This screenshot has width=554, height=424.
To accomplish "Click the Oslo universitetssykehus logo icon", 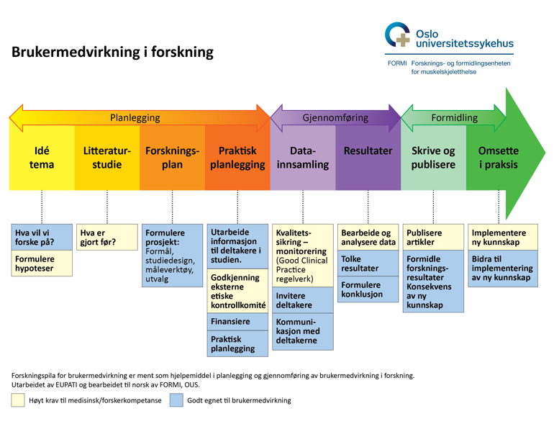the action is [x=397, y=35].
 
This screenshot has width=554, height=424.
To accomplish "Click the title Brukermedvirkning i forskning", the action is [x=112, y=52].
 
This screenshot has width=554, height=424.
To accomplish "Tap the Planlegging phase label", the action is [x=135, y=118].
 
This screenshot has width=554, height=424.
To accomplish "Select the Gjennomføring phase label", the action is [x=335, y=117].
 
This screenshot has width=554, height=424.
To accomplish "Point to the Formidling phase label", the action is [x=455, y=117].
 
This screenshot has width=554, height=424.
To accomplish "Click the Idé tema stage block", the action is [x=42, y=158].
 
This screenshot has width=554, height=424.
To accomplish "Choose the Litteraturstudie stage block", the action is [x=107, y=158].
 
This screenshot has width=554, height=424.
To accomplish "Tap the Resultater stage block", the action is [x=368, y=158].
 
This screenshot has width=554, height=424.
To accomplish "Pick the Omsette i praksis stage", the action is [x=499, y=158].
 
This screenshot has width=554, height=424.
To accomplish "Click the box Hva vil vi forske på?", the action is [x=42, y=238].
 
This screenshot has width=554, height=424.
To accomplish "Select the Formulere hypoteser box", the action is [x=42, y=263].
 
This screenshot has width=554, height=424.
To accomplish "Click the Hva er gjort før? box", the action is [x=107, y=238].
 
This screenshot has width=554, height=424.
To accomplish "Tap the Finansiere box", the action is [x=237, y=322].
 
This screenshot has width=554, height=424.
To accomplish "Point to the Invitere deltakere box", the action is [x=303, y=300].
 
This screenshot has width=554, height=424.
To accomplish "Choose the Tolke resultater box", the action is [x=368, y=263].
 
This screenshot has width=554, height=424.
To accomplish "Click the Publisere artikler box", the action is [x=433, y=238].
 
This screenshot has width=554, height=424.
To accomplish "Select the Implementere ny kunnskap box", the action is [x=503, y=238].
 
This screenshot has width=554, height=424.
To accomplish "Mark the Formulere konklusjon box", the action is [x=368, y=289].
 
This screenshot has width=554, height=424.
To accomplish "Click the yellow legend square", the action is [x=18, y=400].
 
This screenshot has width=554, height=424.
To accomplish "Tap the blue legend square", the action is [x=176, y=400].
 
